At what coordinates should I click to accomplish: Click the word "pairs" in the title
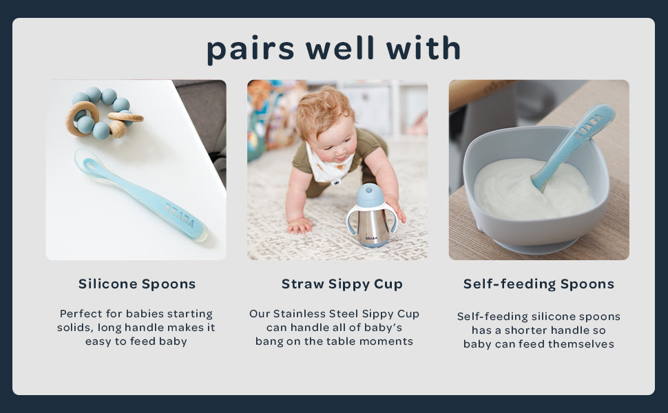[251, 50]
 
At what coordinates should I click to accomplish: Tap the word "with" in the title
[424, 47]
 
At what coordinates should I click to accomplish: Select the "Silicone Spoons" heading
[137, 284]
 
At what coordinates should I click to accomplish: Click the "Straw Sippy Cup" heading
[342, 284]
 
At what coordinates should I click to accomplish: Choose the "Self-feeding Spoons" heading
[539, 284]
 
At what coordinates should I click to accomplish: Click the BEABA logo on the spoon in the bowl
[588, 127]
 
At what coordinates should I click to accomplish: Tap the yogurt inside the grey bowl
[532, 189]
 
